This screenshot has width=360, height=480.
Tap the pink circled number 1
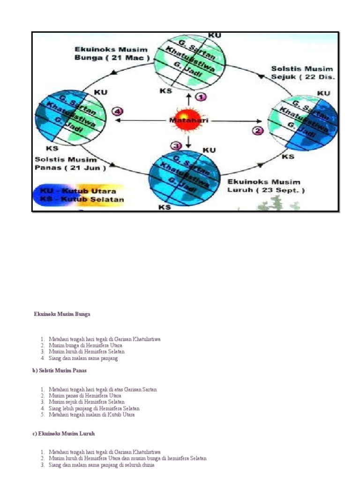(201, 97)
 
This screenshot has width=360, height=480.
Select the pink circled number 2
(257, 131)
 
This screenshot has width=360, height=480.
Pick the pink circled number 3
(176, 146)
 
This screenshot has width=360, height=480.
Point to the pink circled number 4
(117, 112)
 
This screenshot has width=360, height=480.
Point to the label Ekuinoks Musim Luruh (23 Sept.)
(266, 186)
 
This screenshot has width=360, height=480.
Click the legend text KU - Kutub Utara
(77, 191)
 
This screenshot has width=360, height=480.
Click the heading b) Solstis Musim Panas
(60, 370)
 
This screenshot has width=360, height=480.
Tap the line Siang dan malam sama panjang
(83, 359)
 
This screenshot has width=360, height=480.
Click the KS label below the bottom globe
(164, 207)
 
